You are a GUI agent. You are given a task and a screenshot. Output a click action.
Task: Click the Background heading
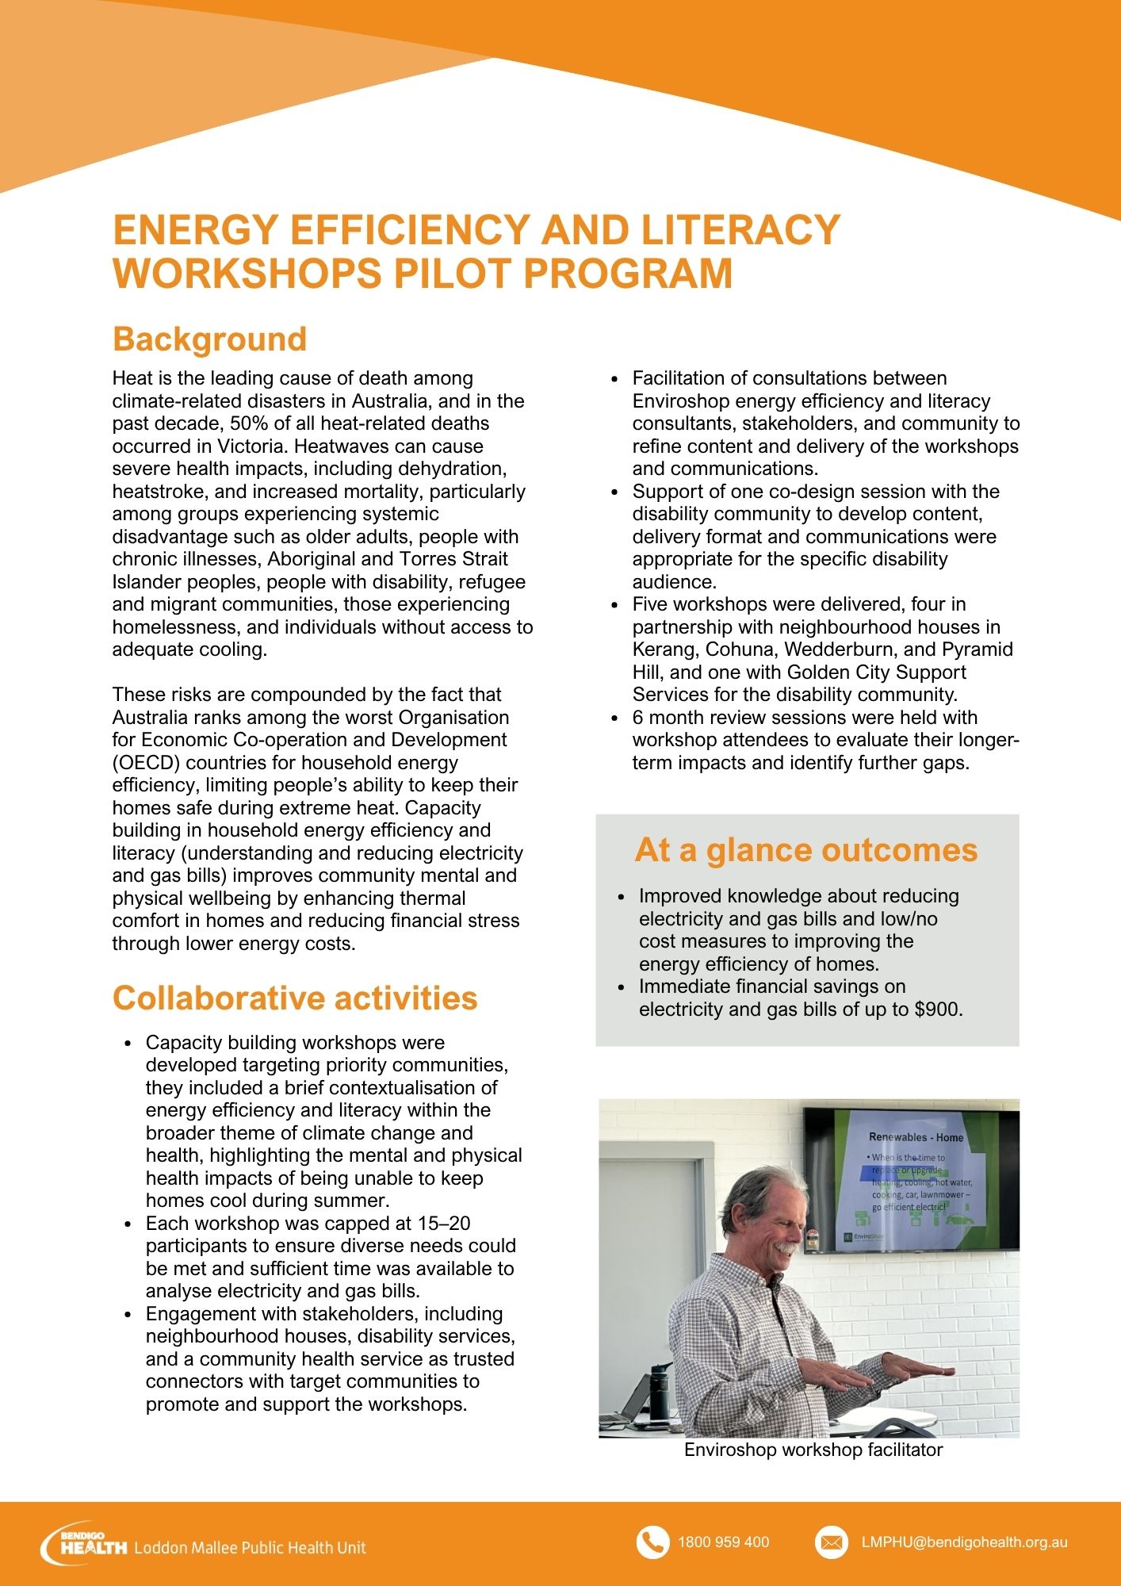(209, 339)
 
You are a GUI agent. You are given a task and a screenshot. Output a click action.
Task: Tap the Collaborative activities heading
(295, 998)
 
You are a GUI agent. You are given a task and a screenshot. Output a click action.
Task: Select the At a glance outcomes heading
(805, 850)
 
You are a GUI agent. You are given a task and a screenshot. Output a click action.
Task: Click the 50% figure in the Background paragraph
(251, 423)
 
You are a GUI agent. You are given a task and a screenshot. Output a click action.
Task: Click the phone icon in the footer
(652, 1542)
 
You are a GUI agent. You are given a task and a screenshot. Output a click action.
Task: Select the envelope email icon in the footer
(831, 1542)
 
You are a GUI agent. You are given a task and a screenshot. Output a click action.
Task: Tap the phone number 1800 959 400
(723, 1542)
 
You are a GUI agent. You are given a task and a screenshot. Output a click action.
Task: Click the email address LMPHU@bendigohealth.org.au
(964, 1542)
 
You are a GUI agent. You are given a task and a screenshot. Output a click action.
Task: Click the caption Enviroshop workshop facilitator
(813, 1450)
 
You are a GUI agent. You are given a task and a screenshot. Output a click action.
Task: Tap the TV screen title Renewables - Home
(916, 1137)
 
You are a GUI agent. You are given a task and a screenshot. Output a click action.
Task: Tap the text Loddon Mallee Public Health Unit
(251, 1547)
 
